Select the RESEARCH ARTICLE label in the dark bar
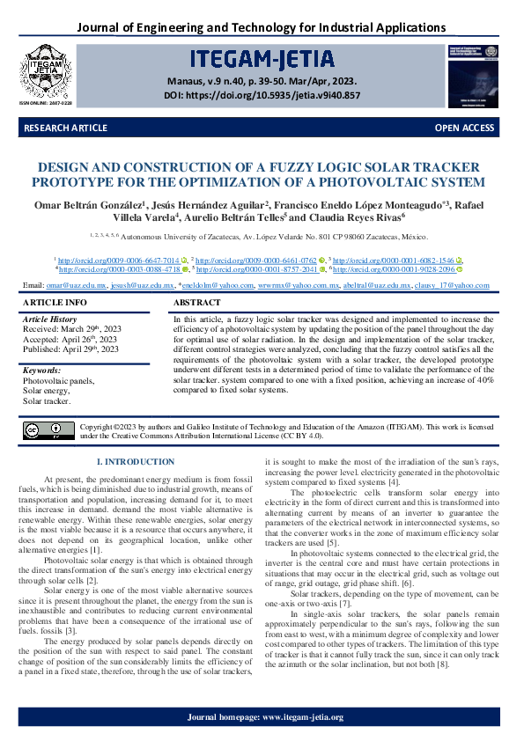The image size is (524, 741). click(66, 128)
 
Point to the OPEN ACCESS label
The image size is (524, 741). click(464, 128)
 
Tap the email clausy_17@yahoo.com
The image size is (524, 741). click(454, 286)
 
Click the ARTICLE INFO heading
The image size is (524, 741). click(55, 303)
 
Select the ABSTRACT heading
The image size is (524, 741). click(198, 303)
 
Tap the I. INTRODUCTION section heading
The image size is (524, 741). click(135, 462)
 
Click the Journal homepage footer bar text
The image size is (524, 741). click(264, 718)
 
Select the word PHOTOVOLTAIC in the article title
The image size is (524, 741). click(359, 182)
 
